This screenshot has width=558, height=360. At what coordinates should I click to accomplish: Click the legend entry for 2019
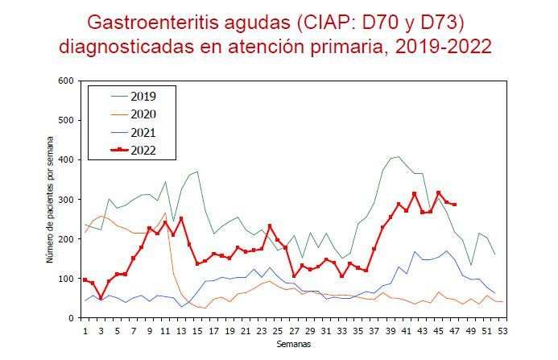(143, 97)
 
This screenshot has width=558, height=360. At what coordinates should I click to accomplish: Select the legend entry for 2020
(143, 114)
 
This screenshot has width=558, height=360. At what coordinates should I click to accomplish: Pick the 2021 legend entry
(143, 132)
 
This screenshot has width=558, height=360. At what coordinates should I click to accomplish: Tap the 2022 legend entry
(143, 150)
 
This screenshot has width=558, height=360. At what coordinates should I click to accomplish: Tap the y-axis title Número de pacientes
(49, 200)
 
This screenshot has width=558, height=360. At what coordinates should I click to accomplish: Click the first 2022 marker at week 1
(85, 279)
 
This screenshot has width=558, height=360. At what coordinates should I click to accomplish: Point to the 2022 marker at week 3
(101, 298)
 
